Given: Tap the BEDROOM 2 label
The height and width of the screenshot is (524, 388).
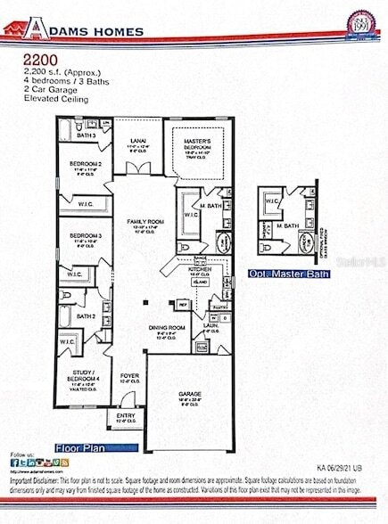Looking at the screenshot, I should coord(86,165).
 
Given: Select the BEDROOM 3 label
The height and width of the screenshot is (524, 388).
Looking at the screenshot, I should coord(86,237).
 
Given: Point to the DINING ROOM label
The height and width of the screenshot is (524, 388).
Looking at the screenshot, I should coord(167,329).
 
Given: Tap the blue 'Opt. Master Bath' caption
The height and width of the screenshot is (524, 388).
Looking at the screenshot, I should coord(289,274).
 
